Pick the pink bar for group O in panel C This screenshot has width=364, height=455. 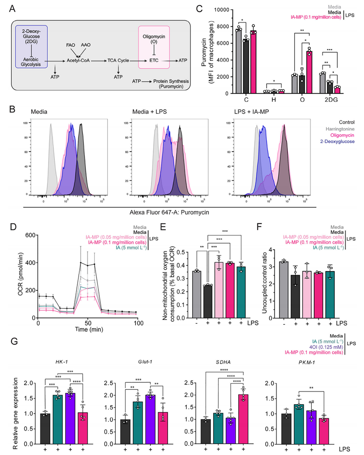click(310, 72)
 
